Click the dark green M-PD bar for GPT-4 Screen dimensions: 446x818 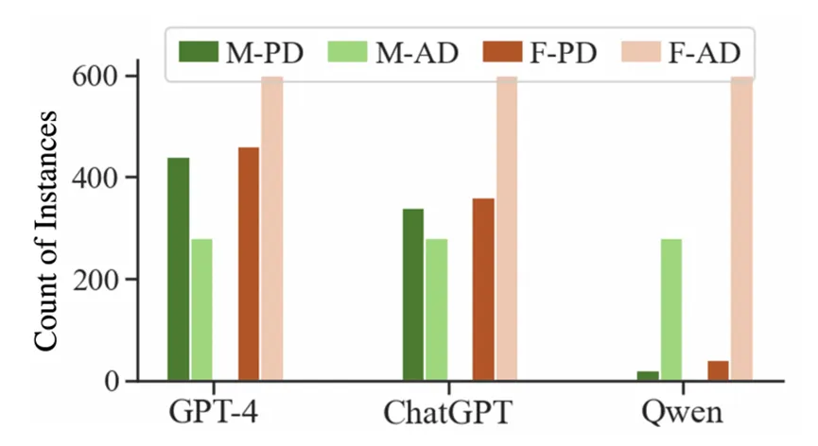pos(179,269)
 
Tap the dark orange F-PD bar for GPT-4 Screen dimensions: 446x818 pos(249,265)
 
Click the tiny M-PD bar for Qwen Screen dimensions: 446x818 pos(648,376)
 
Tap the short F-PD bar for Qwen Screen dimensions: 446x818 pos(719,371)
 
